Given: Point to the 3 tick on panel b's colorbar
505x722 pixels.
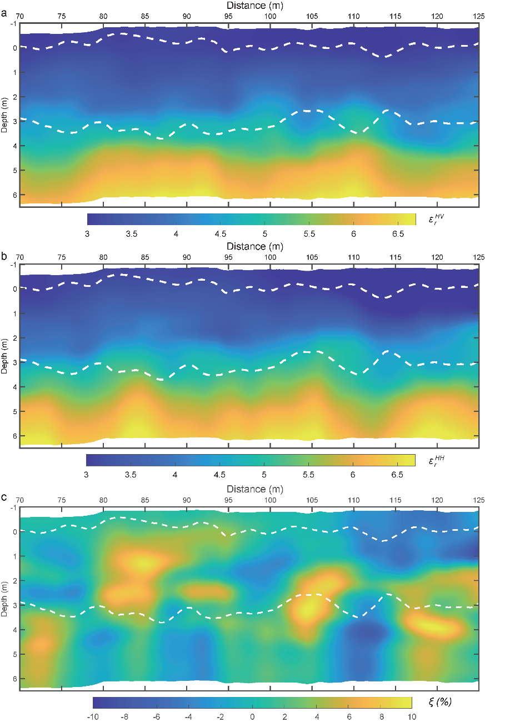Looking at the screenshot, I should [x=86, y=475].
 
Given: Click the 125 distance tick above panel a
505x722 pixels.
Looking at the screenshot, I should [x=479, y=16].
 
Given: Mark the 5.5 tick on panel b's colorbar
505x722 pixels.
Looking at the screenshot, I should [x=308, y=475].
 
